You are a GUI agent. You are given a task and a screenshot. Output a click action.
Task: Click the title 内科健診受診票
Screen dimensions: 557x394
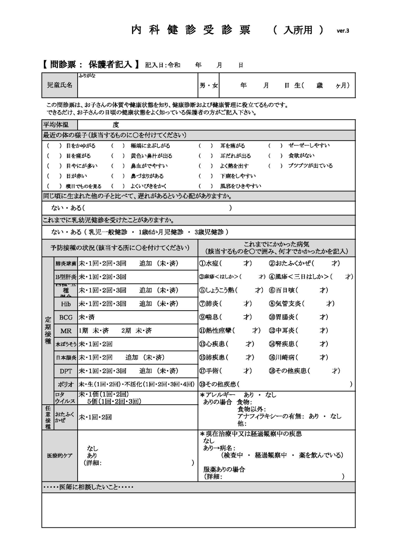pos(191,30)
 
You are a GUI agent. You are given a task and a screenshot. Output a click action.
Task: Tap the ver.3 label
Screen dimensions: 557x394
pos(343,31)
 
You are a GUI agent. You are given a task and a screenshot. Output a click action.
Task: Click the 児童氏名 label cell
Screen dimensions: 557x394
pos(59,85)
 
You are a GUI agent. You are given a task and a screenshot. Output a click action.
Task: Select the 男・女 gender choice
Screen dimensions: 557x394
pos(208,85)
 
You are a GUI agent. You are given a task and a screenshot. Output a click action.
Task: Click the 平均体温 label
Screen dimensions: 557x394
pos(56,125)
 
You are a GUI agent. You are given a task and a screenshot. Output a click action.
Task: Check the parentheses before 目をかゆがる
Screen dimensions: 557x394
pos(54,146)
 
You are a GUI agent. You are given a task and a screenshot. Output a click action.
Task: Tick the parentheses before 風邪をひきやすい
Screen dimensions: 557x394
pos(205,186)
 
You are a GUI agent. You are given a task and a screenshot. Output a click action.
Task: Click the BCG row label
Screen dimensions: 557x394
pos(66,317)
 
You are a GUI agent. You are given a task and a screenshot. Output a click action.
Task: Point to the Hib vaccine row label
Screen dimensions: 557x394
pos(66,304)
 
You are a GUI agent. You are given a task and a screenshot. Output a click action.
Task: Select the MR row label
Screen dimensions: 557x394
pos(66,331)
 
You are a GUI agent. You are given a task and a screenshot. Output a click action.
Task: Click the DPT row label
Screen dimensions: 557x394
pos(66,371)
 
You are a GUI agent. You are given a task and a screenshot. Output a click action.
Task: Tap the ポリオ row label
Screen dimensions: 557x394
pos(66,385)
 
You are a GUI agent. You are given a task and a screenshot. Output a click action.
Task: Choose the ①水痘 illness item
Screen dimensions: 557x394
pos(210,263)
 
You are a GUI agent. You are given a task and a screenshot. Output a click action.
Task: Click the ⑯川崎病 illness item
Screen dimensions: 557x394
pos(283,357)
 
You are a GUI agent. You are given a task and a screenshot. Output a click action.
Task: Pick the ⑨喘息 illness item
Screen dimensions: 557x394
pos(210,317)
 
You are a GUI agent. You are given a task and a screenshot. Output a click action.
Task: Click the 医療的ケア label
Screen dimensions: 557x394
pos(59,455)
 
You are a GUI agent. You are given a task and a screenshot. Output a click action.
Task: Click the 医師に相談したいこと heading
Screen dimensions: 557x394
pos(88,487)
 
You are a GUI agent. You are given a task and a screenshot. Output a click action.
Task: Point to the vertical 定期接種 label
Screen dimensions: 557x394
pos(48,331)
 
